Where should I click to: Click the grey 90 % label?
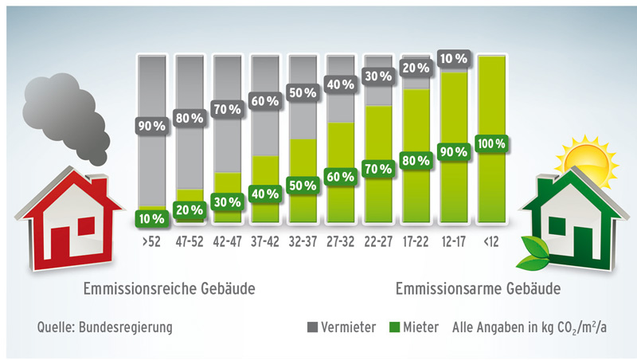click(x=150, y=126)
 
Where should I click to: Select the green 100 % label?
click(x=491, y=144)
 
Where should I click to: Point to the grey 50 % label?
click(x=302, y=92)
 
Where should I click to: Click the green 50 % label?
click(x=302, y=186)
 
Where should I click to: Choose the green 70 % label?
click(x=377, y=169)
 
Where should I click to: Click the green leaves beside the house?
click(x=532, y=252)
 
